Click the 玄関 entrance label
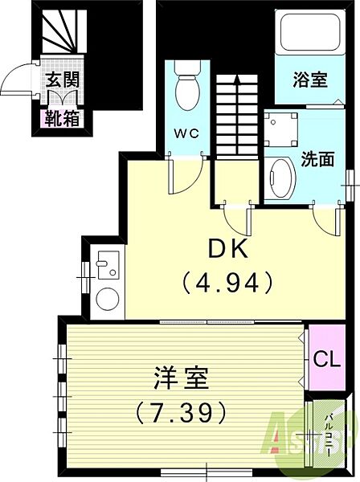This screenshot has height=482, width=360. [x=63, y=80]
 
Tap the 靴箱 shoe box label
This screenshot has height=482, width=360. [x=63, y=118]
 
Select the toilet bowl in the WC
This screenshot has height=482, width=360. [x=187, y=90]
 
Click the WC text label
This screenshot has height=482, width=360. [x=186, y=133]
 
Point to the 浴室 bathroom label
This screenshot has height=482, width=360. [x=310, y=80]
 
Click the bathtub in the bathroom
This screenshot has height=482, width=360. [x=310, y=32]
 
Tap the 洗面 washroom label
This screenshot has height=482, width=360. [x=317, y=159]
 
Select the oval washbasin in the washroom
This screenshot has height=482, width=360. [x=280, y=178]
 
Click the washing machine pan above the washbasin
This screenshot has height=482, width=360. [x=281, y=129]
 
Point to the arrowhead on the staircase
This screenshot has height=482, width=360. [x=237, y=80]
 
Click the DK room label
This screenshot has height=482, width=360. [x=228, y=249]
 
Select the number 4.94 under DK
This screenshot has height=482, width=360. [x=227, y=282]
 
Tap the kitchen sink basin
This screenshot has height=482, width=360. [x=108, y=265]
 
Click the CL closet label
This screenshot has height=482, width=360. [x=327, y=358]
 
